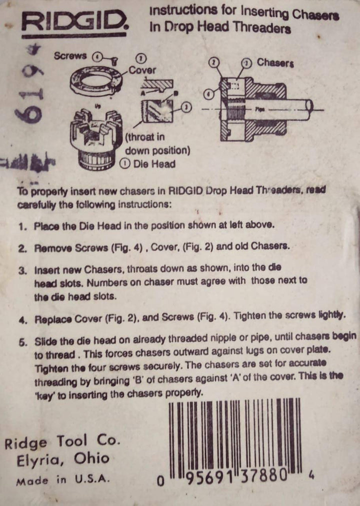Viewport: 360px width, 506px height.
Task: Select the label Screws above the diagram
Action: coord(70,56)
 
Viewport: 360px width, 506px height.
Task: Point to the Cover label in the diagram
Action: coord(142,70)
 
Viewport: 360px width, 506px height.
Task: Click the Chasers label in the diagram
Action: coord(275,63)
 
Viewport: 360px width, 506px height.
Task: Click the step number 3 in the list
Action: coord(22,270)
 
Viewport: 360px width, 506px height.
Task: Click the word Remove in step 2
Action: coord(49,247)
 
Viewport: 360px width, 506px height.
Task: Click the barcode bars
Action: coord(235,435)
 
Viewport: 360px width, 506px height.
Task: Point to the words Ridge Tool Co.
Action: coord(62,442)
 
